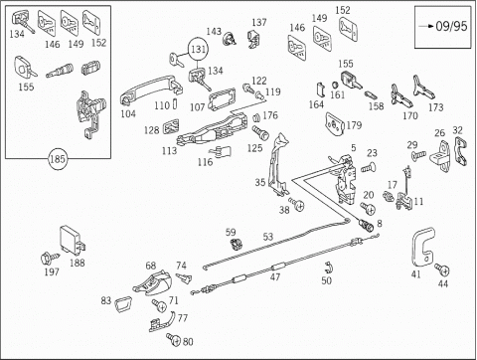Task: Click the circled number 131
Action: tap(198, 50)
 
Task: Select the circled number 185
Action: tap(58, 159)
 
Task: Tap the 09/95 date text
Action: tap(451, 26)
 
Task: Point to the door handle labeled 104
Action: tap(151, 89)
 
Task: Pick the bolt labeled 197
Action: tap(50, 258)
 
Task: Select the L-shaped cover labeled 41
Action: tap(422, 247)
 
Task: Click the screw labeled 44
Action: tap(442, 270)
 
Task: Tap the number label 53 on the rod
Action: tap(268, 237)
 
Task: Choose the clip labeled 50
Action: tap(329, 268)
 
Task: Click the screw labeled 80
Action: tap(174, 339)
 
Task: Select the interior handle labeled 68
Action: tap(152, 282)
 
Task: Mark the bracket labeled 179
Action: tap(335, 124)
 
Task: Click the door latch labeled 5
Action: tap(345, 179)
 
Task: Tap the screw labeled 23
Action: tap(368, 167)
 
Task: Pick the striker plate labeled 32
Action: tap(461, 151)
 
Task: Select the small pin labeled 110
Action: tap(175, 103)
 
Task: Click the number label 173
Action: tap(435, 107)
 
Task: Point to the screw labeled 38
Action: tap(296, 204)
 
